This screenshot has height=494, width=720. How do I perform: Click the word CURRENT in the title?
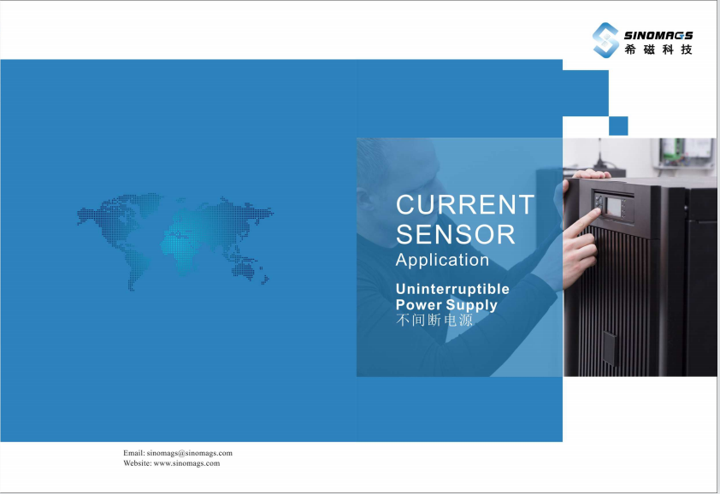click(x=465, y=204)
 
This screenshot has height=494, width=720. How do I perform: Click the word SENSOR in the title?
click(x=456, y=234)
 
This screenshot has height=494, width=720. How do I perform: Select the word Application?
click(x=442, y=261)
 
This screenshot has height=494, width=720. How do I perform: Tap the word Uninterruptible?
click(x=452, y=289)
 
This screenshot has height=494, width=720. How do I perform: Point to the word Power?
click(x=418, y=304)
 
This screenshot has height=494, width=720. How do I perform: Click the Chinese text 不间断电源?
click(x=434, y=320)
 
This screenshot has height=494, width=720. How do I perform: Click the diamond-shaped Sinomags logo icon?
click(x=605, y=40)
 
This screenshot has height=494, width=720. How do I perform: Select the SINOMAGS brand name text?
click(x=658, y=35)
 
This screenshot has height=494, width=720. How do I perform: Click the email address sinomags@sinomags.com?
click(x=189, y=453)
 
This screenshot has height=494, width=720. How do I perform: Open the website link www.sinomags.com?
click(x=186, y=463)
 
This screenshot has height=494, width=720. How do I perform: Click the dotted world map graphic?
click(x=175, y=242)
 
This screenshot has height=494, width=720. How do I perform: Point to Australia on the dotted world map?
click(x=244, y=270)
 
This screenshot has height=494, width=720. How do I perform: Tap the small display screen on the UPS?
click(x=614, y=207)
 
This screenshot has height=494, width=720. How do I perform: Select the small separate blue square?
click(x=618, y=126)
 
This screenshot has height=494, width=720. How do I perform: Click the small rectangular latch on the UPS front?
click(x=610, y=348)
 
